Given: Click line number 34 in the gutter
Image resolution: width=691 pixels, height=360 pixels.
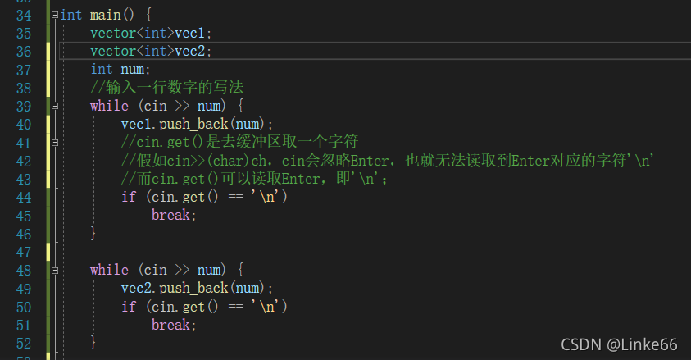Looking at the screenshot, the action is [x=23, y=16].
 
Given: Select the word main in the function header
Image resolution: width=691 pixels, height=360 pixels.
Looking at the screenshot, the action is [x=105, y=16].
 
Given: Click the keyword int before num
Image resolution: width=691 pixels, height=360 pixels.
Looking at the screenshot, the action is [x=102, y=70].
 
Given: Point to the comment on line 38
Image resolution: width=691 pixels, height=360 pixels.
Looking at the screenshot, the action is [x=167, y=88].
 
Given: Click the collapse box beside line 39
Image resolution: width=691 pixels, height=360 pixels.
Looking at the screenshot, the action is [x=55, y=106].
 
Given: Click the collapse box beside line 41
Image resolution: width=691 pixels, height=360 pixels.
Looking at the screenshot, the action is [x=55, y=142].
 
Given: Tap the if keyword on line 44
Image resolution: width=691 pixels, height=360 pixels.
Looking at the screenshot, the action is [x=128, y=197].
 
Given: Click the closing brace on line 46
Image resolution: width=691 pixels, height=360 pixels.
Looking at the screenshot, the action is [x=93, y=233].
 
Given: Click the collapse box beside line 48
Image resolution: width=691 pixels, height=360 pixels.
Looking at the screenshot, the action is [x=55, y=270].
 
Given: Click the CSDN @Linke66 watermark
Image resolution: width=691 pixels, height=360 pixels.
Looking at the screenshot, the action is [x=619, y=344].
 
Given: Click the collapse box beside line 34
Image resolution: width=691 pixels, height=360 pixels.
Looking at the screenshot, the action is [x=55, y=16].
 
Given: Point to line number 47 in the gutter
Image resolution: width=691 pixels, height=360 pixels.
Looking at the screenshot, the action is [x=23, y=252].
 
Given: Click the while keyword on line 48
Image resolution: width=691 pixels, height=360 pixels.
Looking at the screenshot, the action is [x=109, y=270].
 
